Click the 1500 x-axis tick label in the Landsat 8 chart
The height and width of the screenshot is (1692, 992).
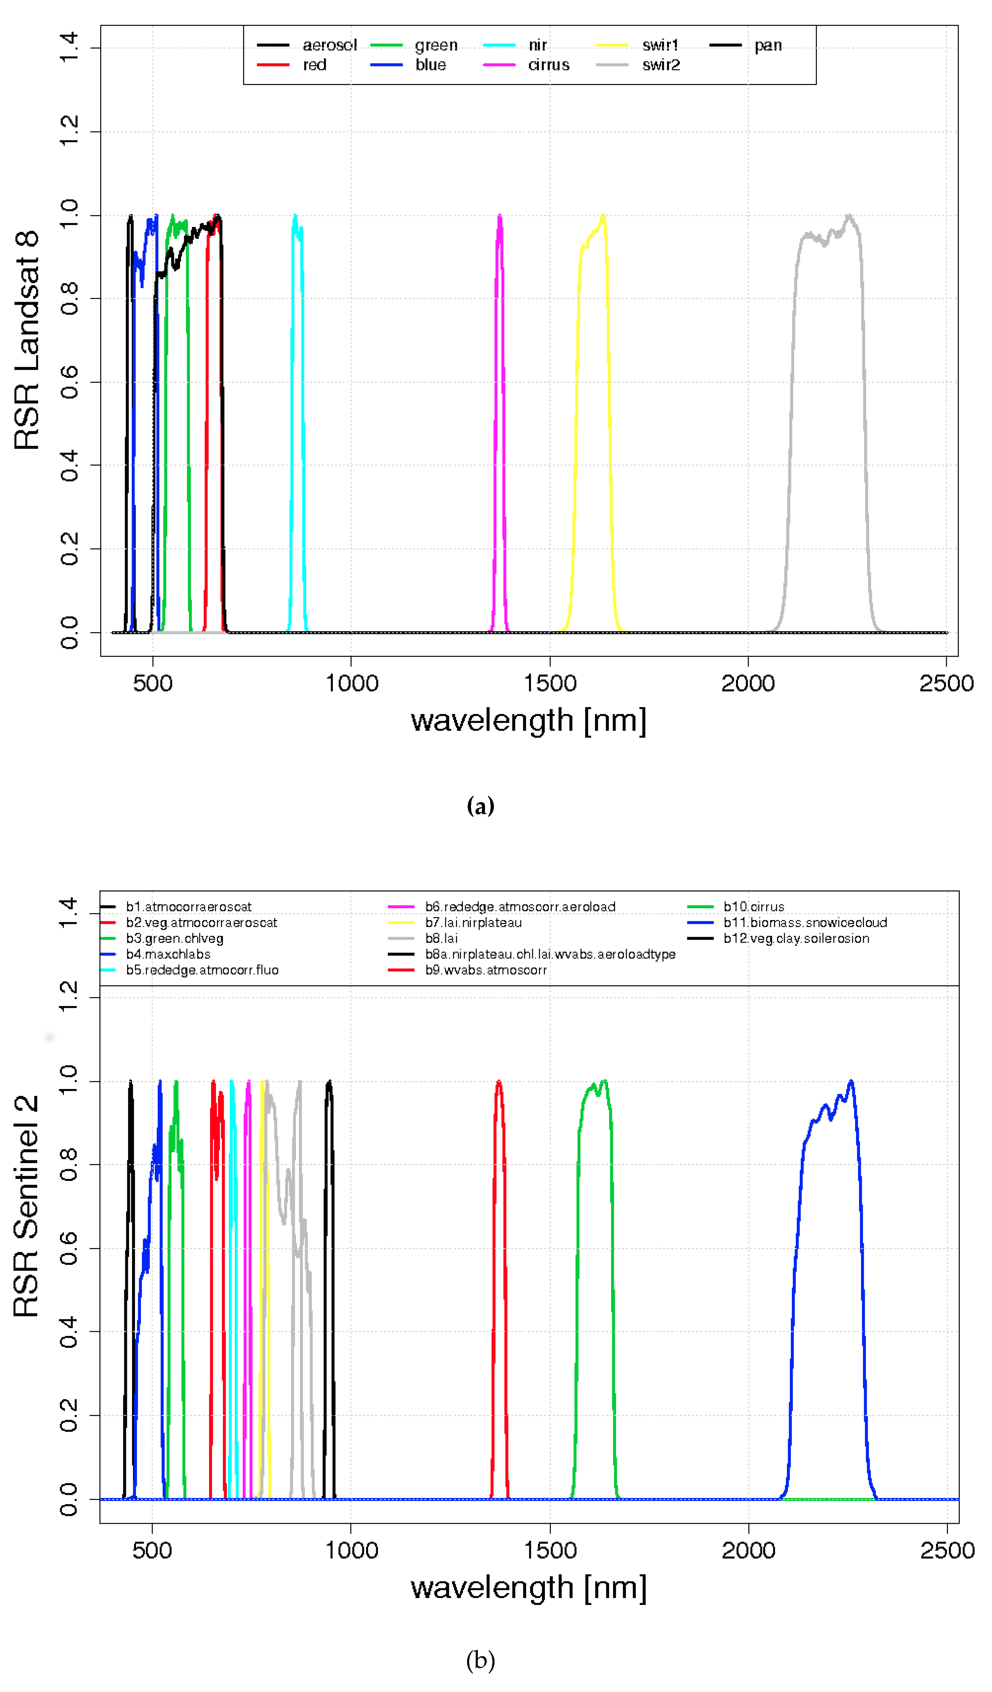(550, 683)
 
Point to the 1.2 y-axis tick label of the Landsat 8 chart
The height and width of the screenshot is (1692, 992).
(69, 132)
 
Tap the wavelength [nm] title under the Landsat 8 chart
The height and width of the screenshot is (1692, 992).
(528, 720)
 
